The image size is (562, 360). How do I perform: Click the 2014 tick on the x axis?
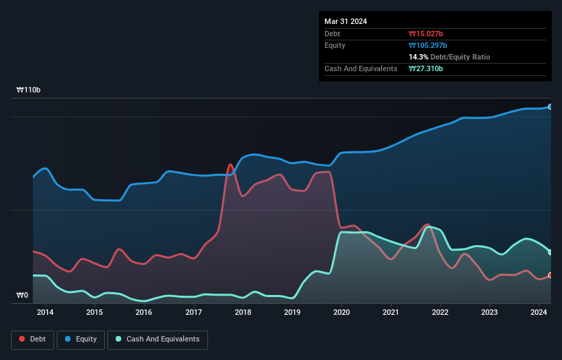tap(45, 313)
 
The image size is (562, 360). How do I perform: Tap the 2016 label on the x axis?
tap(144, 313)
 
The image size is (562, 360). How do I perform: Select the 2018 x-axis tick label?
tap(242, 313)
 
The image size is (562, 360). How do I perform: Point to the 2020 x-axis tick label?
tap(342, 313)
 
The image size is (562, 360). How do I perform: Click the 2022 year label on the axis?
tap(440, 313)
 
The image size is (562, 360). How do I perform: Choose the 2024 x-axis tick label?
tap(539, 313)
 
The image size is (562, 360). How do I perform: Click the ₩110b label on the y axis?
tap(29, 90)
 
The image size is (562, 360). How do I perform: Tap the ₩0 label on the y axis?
tap(23, 296)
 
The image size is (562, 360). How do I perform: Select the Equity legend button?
tap(81, 339)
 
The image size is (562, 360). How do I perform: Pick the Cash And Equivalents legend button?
tap(157, 339)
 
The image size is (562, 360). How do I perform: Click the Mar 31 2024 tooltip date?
tap(346, 21)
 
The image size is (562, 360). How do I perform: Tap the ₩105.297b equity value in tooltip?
tap(428, 45)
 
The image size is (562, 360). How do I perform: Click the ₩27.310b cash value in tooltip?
tap(426, 68)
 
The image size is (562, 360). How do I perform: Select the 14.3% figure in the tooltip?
tap(418, 57)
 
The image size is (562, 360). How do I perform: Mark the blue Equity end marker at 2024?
tap(550, 107)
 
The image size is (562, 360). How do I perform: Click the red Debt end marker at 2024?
tap(550, 275)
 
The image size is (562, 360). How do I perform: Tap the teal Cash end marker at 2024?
tap(550, 252)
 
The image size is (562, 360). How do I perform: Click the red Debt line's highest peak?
tap(230, 164)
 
